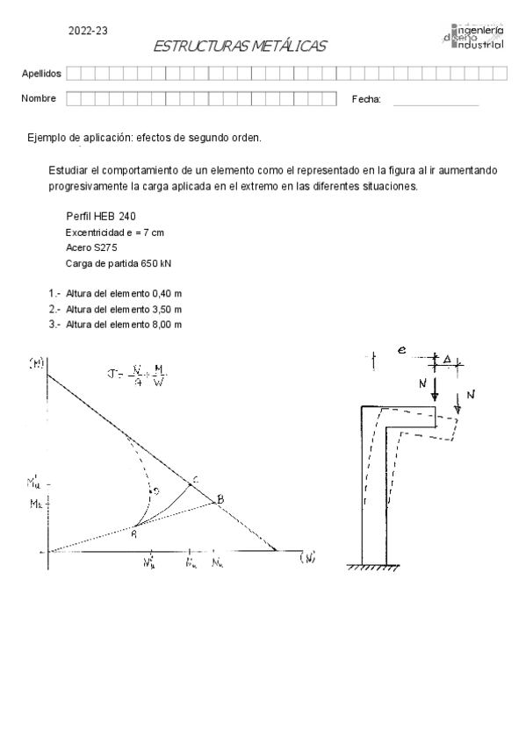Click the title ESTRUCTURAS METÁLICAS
pos(239,46)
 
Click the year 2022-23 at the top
pos(88,31)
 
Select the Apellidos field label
pos(40,73)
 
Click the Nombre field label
pos(39,98)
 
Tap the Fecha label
pos(366,99)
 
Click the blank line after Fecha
pos(436,103)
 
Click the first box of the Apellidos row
pos(73,73)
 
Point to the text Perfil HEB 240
pos(101,216)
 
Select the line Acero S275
pos(90,247)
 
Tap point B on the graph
pos(220,500)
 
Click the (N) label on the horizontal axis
pos(307,557)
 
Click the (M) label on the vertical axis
pos(37,362)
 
